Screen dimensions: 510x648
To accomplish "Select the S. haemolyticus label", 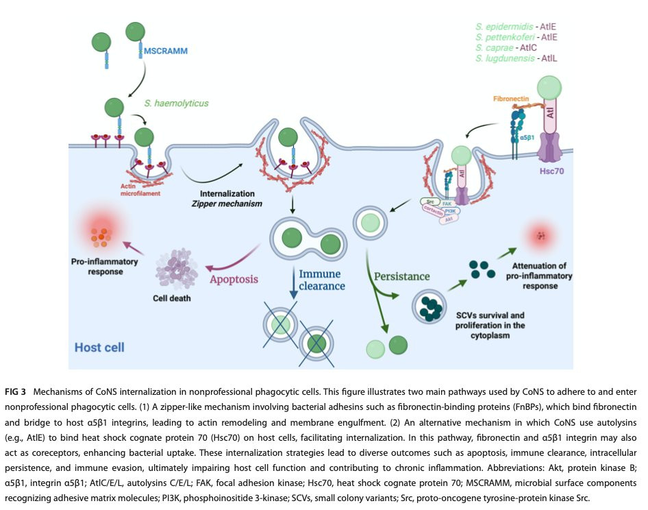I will pos(176,104).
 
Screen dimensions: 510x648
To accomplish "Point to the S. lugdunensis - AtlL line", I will pos(516,60).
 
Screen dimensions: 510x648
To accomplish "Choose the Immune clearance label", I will pos(322,280).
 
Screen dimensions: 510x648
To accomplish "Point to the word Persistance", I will pos(403,276).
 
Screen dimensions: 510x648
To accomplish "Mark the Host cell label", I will pos(99,347).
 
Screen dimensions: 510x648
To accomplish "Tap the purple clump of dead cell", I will pos(177,267).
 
